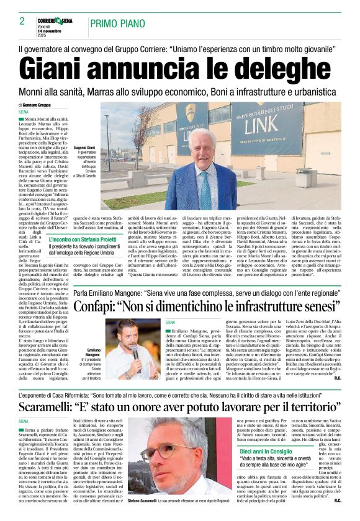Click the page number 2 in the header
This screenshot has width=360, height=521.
22,21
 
